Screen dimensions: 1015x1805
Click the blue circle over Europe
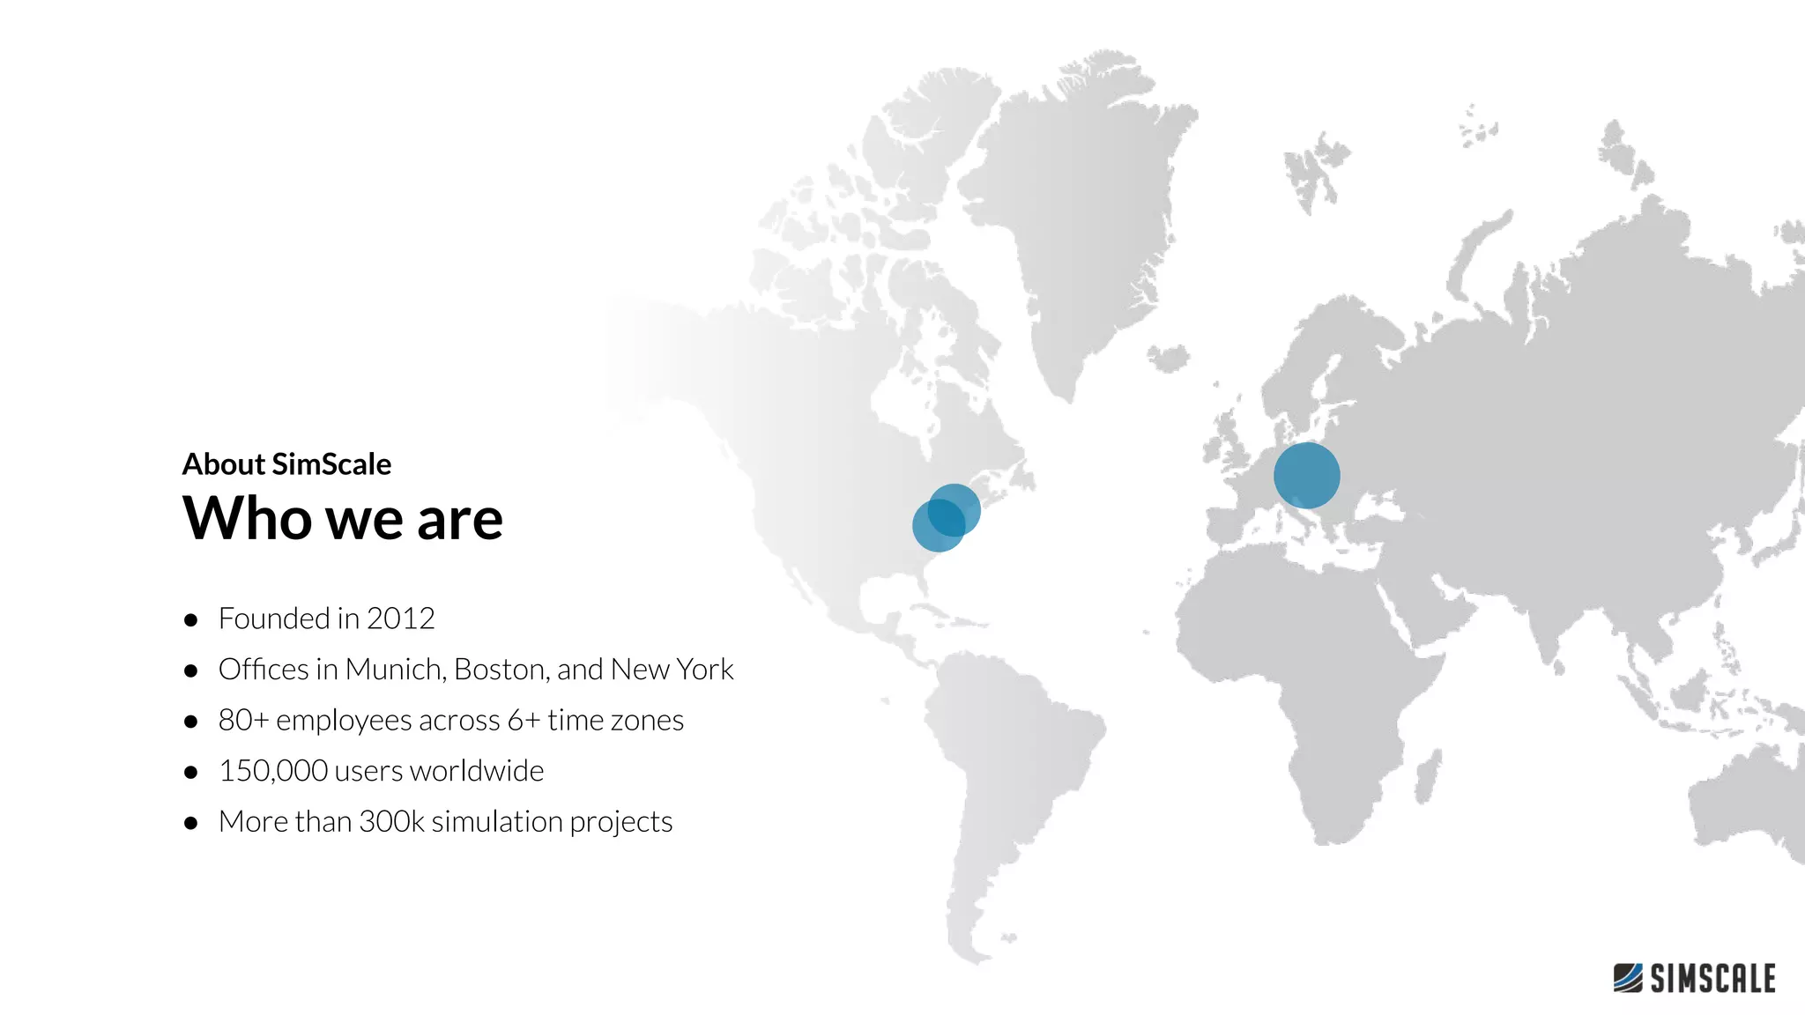pos(1306,475)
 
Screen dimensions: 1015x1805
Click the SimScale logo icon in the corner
pos(1628,978)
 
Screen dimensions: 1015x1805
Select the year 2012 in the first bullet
pos(400,619)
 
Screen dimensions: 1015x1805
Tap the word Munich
pos(394,670)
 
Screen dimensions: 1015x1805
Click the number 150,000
pos(273,771)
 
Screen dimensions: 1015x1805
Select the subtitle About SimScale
pos(286,464)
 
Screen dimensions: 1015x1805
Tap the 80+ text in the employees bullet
pos(243,721)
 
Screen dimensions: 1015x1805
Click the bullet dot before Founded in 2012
pos(190,620)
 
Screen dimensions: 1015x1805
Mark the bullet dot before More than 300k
pos(190,824)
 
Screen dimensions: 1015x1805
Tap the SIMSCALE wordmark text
pos(1712,979)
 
